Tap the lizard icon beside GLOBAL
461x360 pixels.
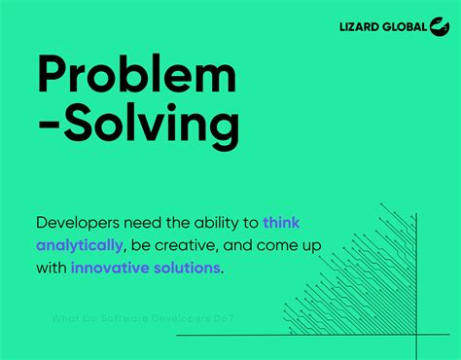(x=439, y=27)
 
